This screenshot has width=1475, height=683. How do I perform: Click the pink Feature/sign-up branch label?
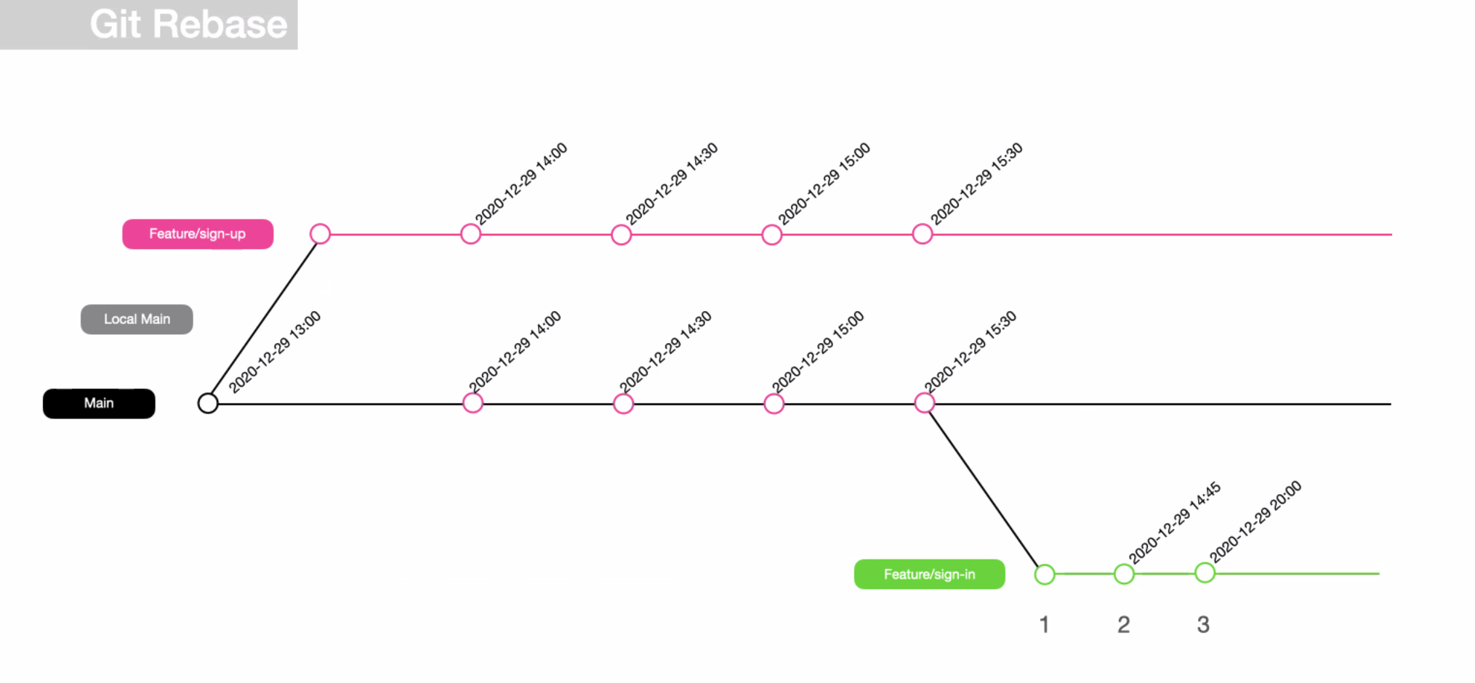point(198,234)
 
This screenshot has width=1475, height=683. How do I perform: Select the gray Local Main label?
point(137,319)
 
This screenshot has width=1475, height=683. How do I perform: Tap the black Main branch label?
point(99,403)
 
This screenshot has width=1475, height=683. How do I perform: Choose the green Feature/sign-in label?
point(929,574)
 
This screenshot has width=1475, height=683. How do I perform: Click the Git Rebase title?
point(188,24)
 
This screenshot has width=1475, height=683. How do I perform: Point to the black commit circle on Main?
point(208,403)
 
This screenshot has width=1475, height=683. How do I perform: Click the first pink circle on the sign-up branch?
point(320,234)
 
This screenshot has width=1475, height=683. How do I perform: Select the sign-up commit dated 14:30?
point(621,235)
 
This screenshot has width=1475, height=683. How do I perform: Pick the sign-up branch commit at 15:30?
point(922,234)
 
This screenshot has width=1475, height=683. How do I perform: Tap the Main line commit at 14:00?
point(473,403)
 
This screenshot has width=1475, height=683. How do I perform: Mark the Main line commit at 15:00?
point(773,403)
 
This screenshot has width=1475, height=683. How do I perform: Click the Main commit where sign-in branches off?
point(924,403)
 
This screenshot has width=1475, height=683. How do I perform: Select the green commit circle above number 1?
point(1045,574)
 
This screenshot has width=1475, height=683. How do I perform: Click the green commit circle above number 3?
point(1205,573)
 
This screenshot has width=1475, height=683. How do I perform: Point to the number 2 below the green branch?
point(1124,624)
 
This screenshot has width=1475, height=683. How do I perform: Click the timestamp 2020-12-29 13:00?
point(274,352)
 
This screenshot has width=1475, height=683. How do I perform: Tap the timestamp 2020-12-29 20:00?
point(1255,522)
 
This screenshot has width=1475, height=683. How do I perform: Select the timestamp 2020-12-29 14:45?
point(1175,523)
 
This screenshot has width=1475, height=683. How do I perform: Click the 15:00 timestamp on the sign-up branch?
point(824,184)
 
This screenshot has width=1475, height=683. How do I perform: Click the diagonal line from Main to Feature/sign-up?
point(264,318)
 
